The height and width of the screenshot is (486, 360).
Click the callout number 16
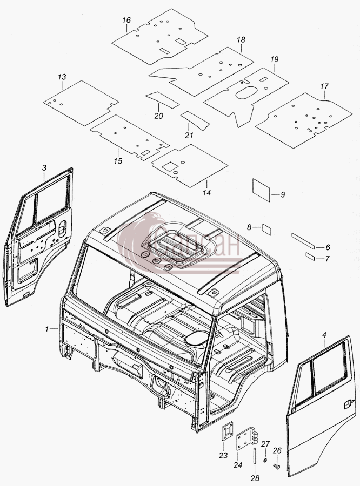126,20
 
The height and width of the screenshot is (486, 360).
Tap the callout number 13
62,77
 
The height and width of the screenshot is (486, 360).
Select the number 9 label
282,194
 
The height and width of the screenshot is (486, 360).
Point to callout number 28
255,478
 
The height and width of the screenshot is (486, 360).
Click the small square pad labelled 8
266,230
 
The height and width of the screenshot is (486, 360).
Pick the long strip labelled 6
303,240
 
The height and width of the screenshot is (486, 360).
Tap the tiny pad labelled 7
310,256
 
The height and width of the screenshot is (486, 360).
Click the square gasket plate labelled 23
227,433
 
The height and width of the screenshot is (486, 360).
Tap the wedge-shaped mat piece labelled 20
162,99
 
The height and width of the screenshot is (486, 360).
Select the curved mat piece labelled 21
195,119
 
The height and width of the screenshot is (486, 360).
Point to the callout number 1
47,329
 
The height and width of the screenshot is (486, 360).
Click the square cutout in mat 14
170,166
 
